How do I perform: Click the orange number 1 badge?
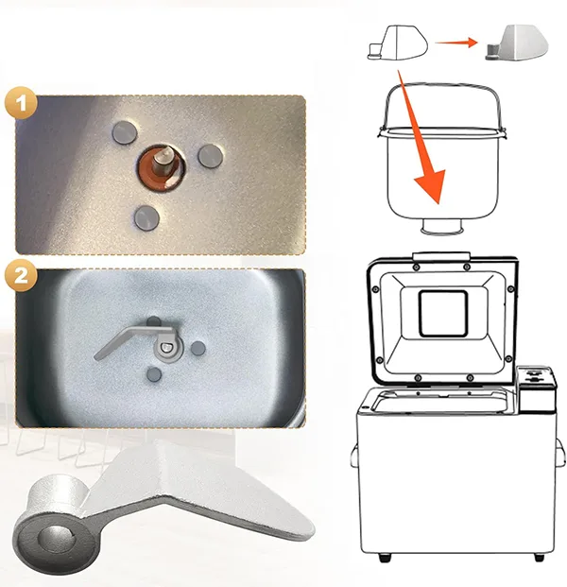coord(21,103)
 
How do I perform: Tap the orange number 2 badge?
coord(21,275)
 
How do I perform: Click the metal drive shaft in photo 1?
coord(163,160)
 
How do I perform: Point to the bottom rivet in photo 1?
coord(146,217)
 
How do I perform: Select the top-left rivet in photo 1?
coord(125,132)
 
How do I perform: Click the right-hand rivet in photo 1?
coord(211,156)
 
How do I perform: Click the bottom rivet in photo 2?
coord(153,374)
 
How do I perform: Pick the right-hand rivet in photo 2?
coord(198,348)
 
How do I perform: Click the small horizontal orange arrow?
coord(456,43)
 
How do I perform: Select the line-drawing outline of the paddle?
coord(398,43)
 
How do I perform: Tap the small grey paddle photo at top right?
coord(517,43)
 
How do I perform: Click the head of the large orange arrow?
coord(432,186)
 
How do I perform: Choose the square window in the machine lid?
coord(443,313)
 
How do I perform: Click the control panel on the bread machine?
coord(536,389)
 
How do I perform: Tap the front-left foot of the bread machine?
coord(385,558)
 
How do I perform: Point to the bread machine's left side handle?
coord(353,455)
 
